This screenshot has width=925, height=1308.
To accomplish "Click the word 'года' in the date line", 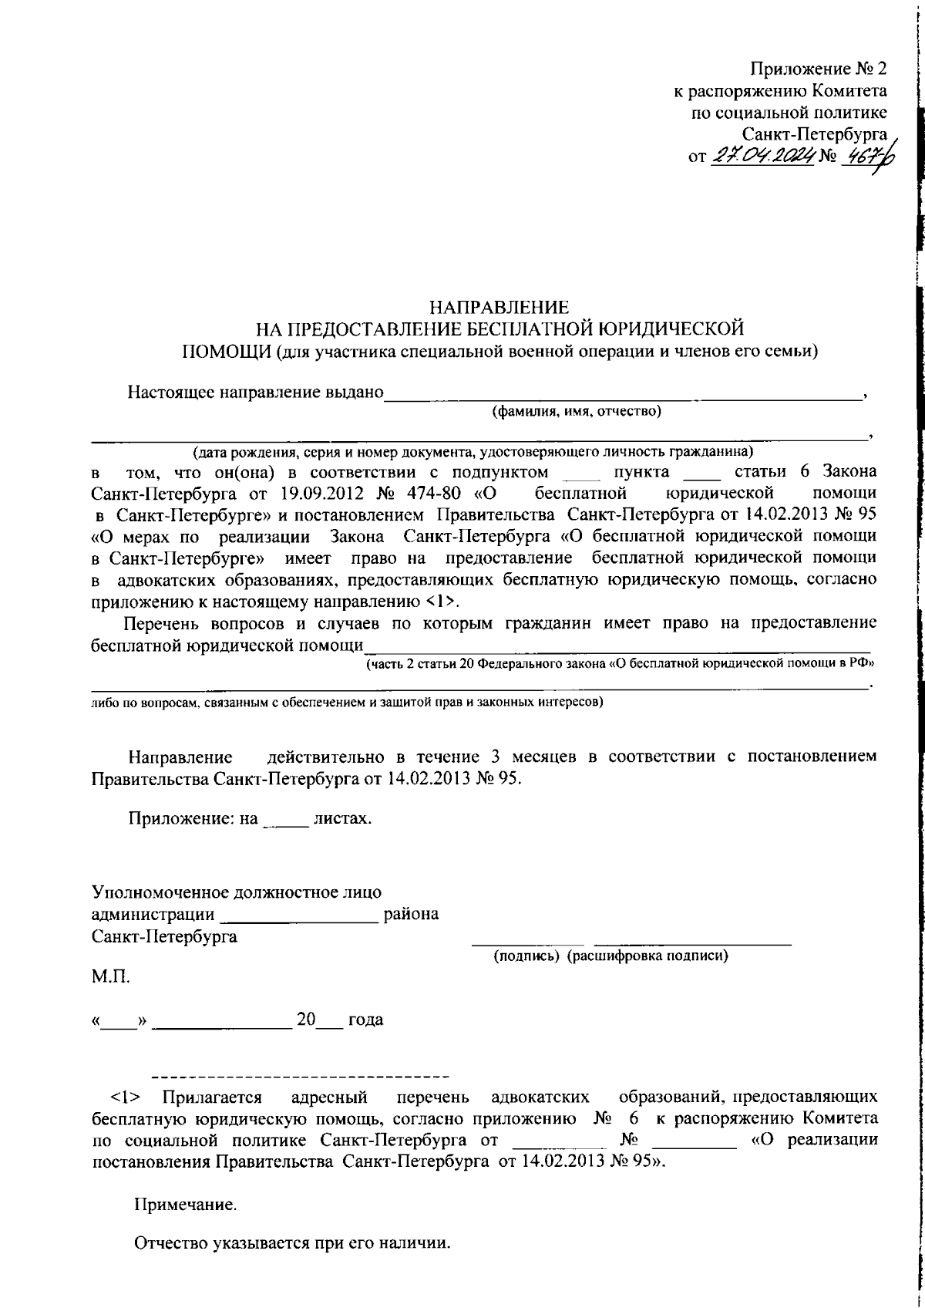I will pos(365,1020).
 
